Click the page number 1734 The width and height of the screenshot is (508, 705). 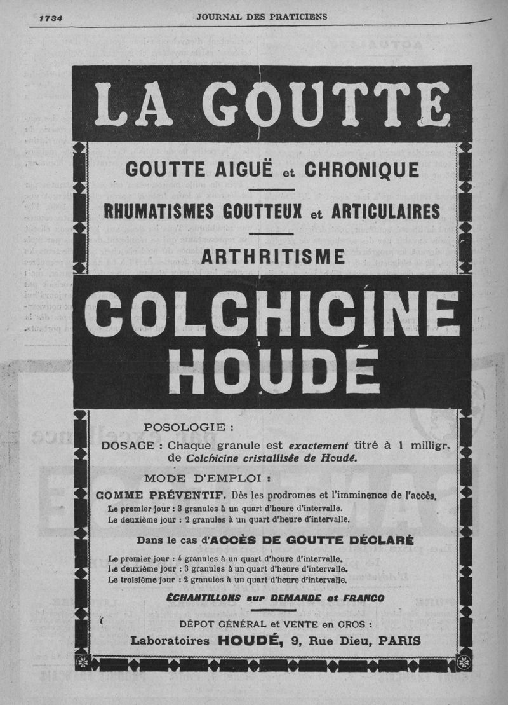pos(50,18)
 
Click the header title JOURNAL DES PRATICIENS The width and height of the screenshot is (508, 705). pos(262,17)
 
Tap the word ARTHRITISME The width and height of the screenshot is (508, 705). pos(273,256)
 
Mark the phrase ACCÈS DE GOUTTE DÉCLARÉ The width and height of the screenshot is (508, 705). pos(311,540)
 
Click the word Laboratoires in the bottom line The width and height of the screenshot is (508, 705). pos(170,641)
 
